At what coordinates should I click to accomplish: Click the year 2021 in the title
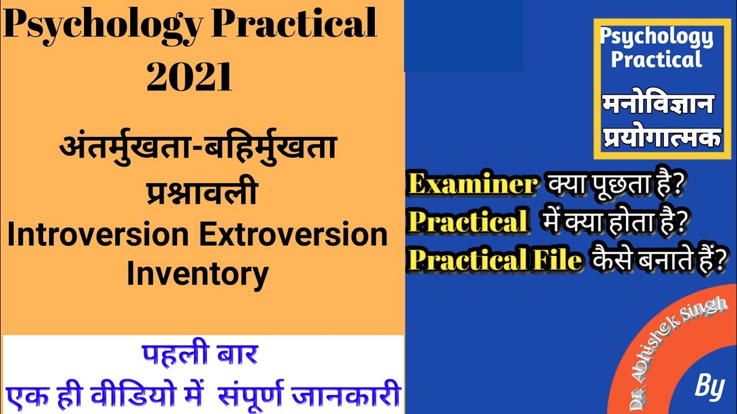coord(190,78)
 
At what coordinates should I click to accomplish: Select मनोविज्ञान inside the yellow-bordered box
coord(658,106)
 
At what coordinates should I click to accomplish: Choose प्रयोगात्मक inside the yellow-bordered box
coord(662,138)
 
